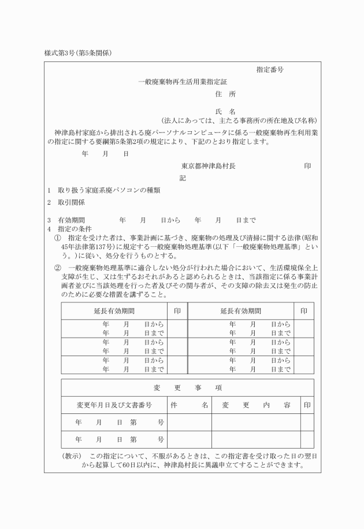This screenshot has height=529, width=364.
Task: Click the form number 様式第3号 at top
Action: coord(60,53)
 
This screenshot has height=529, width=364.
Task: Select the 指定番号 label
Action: coord(270,69)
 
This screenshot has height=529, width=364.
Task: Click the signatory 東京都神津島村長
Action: coord(208,166)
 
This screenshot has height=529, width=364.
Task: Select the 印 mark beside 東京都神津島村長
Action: coord(307,166)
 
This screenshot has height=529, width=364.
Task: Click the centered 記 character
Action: coord(183,178)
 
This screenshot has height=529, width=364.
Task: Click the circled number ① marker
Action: coord(57,238)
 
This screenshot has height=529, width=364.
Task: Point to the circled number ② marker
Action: coord(57,268)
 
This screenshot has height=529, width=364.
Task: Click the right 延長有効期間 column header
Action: coord(241,310)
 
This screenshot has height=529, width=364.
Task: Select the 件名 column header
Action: coord(189,405)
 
